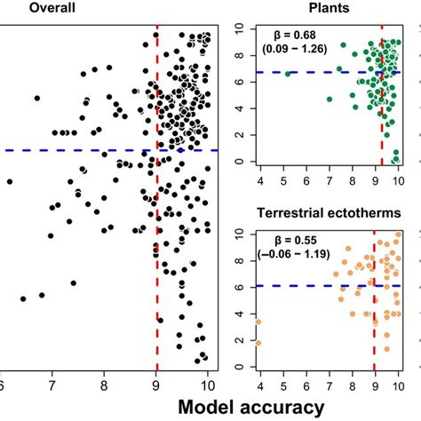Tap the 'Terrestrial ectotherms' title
[x=326, y=213]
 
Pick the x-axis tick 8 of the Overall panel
[x=105, y=384]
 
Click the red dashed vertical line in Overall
[x=157, y=266]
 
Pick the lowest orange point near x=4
[x=258, y=342]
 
